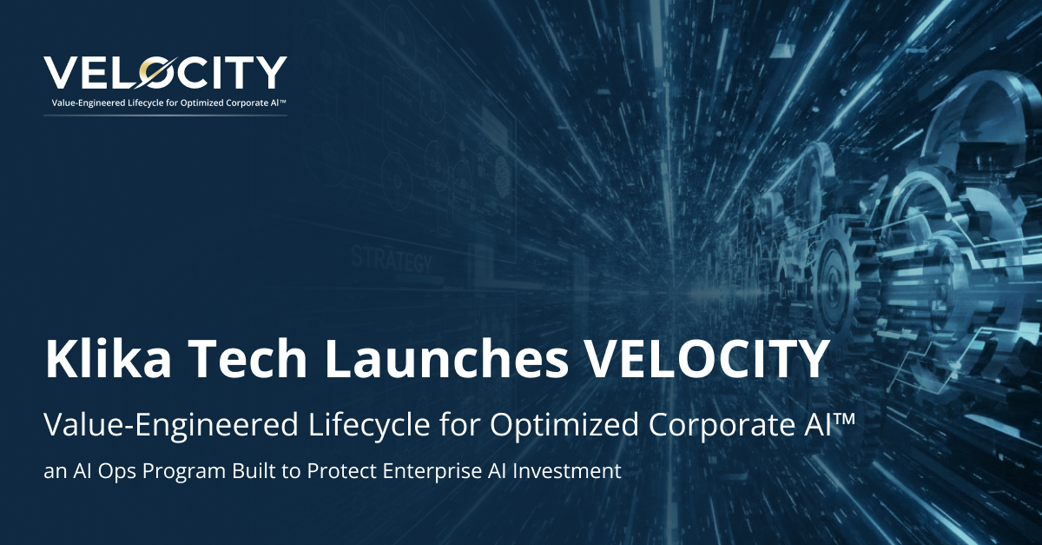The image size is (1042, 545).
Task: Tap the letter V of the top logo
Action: [63, 73]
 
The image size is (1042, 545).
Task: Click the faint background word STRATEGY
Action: [390, 258]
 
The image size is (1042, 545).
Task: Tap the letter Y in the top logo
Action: [271, 73]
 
